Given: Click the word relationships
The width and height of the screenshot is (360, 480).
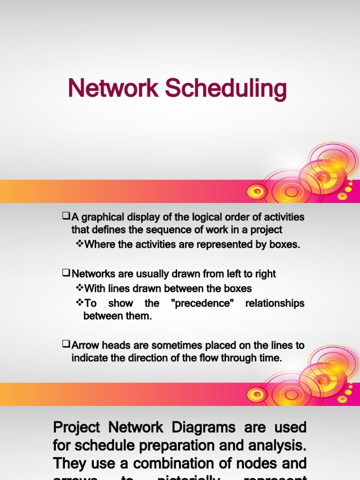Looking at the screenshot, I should coord(275,303).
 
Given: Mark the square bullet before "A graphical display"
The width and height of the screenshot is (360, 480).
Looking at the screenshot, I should coord(66,217).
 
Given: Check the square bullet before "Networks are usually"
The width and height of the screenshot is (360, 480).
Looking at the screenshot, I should coord(66,273).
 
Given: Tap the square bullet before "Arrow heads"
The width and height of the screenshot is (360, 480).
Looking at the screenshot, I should coord(66,345).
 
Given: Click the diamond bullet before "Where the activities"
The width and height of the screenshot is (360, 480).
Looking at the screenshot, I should coord(79,244).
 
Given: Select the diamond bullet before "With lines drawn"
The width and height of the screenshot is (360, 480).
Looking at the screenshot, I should coord(79,288).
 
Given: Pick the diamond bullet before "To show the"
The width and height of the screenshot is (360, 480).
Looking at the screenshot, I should coord(79,303).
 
